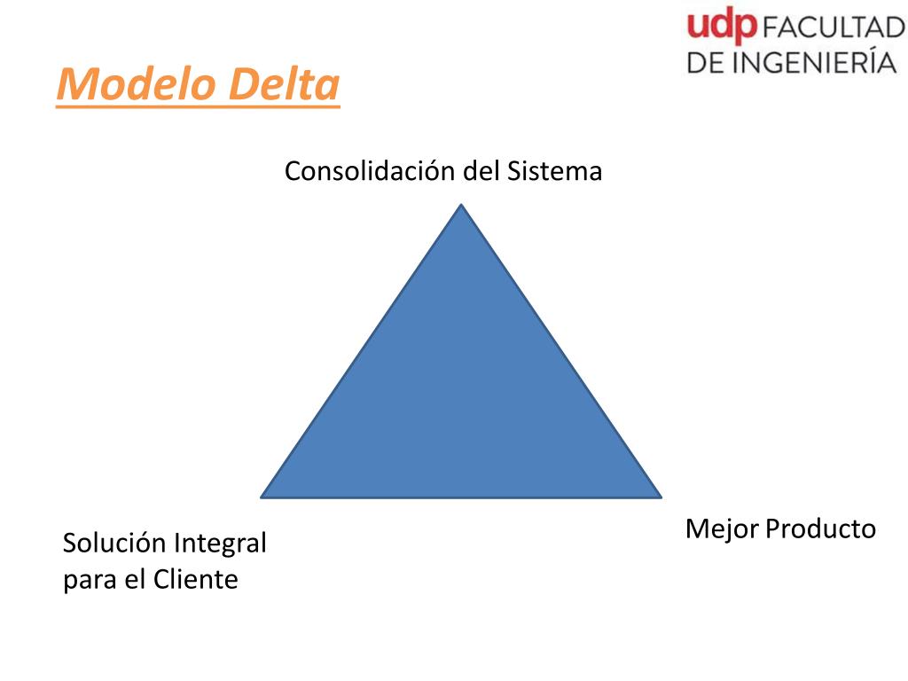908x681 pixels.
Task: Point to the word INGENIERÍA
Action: [x=813, y=62]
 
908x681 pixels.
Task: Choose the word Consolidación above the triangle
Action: [x=371, y=171]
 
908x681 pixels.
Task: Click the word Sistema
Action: [x=554, y=171]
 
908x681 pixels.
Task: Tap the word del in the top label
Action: [x=481, y=171]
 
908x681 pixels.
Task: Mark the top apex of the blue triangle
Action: [x=461, y=206]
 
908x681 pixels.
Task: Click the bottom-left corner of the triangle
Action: [x=262, y=496]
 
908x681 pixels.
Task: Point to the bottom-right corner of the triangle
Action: [x=660, y=496]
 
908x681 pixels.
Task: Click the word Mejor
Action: [x=722, y=529]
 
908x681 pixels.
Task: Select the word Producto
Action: [x=820, y=529]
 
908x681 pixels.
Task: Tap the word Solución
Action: [x=114, y=544]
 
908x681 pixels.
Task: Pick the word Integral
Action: [x=220, y=544]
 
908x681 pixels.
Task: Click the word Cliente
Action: [x=196, y=580]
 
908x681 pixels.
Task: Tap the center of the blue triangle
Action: [x=461, y=399]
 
